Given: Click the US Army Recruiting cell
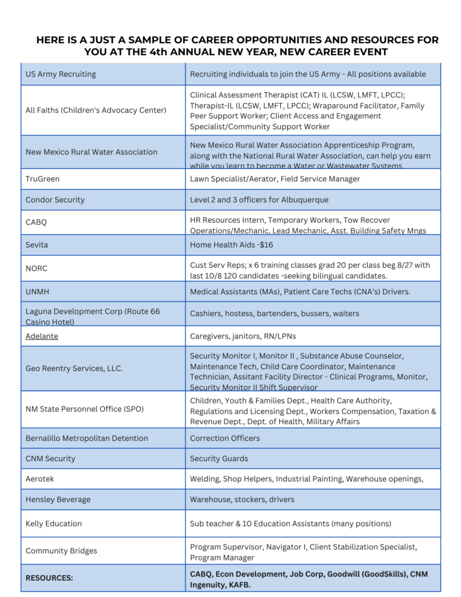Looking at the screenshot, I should pos(61,74).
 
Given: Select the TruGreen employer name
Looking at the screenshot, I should pos(43,179).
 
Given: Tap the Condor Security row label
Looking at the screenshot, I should pos(55,199).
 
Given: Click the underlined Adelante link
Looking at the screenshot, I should pos(42,336).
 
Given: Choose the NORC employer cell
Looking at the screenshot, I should pos(36,269).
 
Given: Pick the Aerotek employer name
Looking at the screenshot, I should pos(40,479).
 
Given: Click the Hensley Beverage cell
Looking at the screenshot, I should pos(58,499).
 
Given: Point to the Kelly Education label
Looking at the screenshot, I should pos(54,524).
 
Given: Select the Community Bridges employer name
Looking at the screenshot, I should pos(61,550).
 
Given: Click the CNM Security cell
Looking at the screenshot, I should pos(50,458).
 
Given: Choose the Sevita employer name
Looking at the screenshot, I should pos(37,245).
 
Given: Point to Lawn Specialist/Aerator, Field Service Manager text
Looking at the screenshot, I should pos(275,179).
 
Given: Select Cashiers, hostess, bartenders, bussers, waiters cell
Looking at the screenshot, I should pos(275,313).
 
